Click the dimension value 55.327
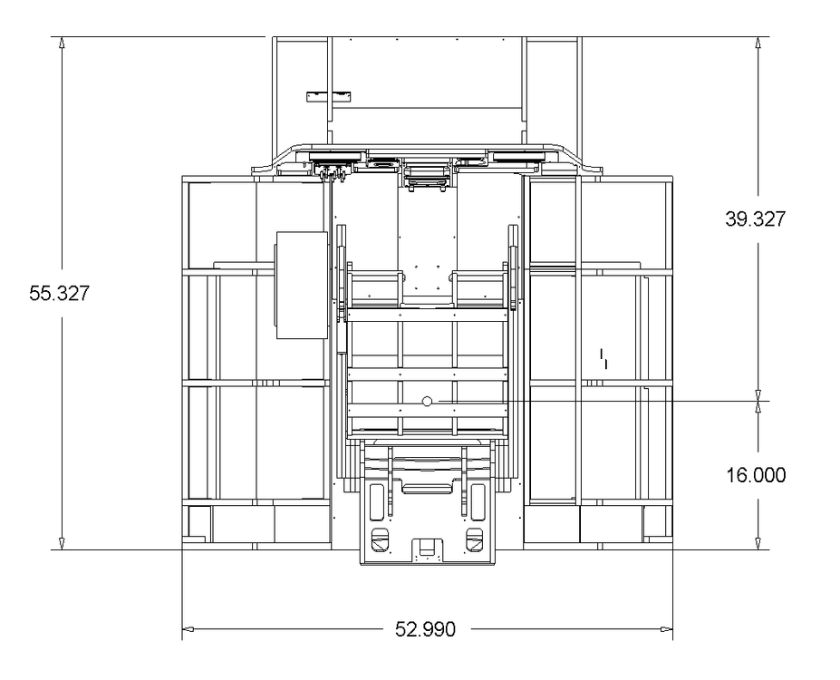(x=59, y=294)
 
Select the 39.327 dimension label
(x=756, y=219)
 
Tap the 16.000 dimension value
(x=756, y=475)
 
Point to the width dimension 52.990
(x=425, y=629)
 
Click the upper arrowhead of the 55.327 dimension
(x=63, y=43)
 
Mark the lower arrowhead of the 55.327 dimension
(x=63, y=543)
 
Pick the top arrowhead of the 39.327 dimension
(x=758, y=43)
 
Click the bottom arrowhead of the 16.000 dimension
(x=758, y=543)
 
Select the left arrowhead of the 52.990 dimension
(x=188, y=629)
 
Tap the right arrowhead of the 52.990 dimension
(x=666, y=629)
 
